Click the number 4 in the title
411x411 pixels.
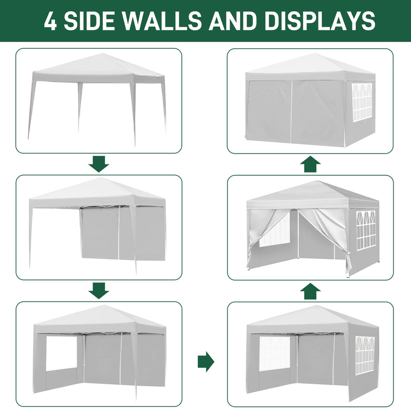click(50, 21)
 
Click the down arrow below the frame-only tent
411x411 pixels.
click(99, 164)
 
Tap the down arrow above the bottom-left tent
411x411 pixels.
click(99, 291)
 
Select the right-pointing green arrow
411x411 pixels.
click(206, 362)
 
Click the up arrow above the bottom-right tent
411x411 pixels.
click(310, 291)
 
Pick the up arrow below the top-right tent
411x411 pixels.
click(310, 164)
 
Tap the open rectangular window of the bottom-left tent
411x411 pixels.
click(61, 353)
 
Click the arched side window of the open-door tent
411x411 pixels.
click(366, 230)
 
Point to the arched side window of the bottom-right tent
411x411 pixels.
click(365, 354)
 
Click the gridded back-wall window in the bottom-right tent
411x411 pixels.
click(275, 353)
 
